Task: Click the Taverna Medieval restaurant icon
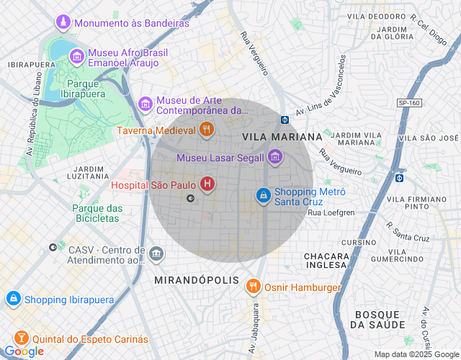click(206, 130)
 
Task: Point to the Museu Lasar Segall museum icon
click(274, 156)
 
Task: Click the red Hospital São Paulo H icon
click(207, 185)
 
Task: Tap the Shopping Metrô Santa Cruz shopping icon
click(264, 195)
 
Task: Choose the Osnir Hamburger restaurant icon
click(253, 287)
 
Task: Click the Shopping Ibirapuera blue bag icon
click(13, 299)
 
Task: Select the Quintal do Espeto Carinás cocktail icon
click(21, 338)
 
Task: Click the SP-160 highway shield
click(408, 103)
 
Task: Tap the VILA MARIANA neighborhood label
click(282, 137)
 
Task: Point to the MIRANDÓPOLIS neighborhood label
click(189, 277)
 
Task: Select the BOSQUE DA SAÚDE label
click(378, 320)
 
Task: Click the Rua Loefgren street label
click(331, 212)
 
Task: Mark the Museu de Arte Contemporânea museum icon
click(146, 105)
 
